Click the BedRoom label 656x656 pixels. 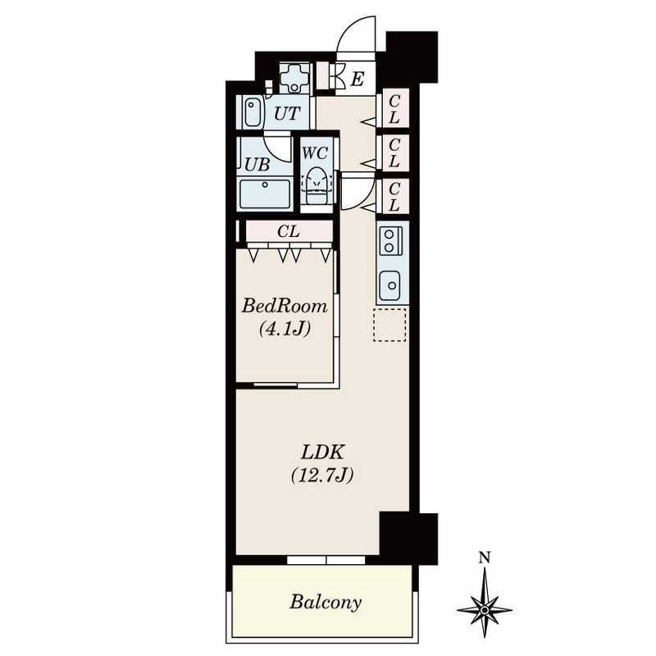coord(285,306)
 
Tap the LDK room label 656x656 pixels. coord(322,452)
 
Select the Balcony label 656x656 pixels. coord(326,602)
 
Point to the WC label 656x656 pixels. coord(315,153)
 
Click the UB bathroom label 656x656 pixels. coord(257,165)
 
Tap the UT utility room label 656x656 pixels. coord(287,113)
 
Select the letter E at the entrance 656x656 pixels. coord(357,79)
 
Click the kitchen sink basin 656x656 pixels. coord(390,285)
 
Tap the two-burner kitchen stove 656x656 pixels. coord(391,241)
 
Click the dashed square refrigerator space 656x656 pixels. coord(389,325)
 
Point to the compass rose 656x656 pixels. coord(484,609)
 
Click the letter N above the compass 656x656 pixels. coord(485,558)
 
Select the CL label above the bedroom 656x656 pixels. coord(289,231)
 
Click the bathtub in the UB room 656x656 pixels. coord(264,194)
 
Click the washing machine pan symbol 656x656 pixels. coord(294,78)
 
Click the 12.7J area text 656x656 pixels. coord(322,476)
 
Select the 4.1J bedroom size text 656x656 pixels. coord(285,329)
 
